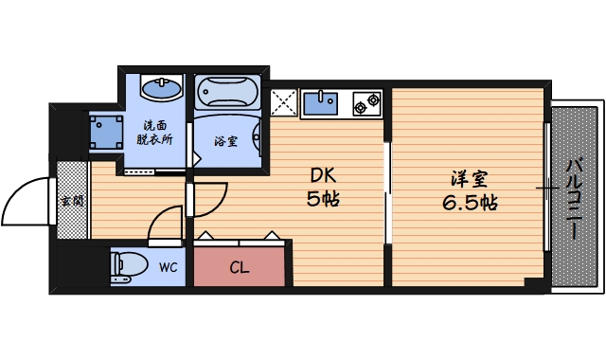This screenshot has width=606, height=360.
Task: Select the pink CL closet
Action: [x=240, y=266]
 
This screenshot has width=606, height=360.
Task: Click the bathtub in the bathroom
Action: [x=226, y=93]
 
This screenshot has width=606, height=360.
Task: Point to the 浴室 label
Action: [x=225, y=142]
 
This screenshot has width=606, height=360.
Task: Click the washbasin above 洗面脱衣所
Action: [x=162, y=90]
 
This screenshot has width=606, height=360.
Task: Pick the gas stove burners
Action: [x=367, y=102]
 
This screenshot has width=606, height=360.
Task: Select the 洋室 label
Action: [x=461, y=177]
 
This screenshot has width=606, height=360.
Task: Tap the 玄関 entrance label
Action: [x=70, y=201]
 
